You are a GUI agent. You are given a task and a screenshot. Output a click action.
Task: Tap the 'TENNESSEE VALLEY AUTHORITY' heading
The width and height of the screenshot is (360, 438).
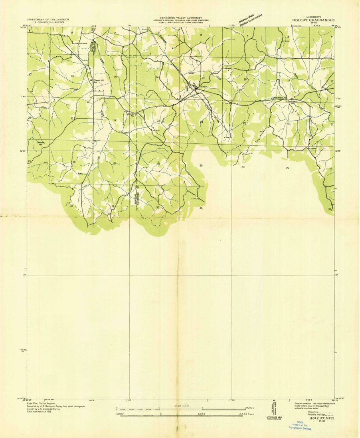pyautogui.click(x=181, y=18)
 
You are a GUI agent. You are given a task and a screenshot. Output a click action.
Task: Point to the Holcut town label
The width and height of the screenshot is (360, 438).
pyautogui.click(x=204, y=86)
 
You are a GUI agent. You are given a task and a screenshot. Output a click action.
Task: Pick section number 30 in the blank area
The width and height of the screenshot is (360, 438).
pyautogui.click(x=243, y=167)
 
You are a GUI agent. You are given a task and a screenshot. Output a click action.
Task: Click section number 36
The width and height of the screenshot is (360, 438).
pyautogui.click(x=201, y=208)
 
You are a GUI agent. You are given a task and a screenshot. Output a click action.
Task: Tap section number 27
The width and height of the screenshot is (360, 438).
pyautogui.click(x=115, y=163)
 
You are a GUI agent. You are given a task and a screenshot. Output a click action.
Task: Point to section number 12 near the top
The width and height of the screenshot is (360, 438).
pyautogui.click(x=201, y=36)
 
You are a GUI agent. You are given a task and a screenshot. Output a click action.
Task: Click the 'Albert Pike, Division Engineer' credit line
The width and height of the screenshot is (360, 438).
pyautogui.click(x=42, y=403)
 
